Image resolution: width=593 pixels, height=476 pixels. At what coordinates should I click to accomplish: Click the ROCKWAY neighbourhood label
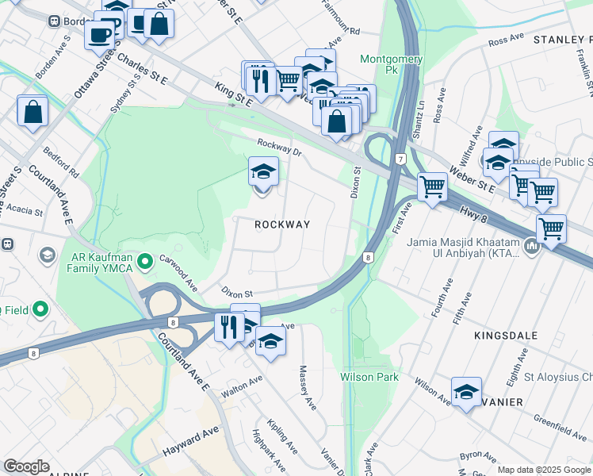point(282,225)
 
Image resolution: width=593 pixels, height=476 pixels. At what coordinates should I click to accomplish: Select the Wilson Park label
point(369,377)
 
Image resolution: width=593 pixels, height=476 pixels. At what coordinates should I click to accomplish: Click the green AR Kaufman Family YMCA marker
point(145,260)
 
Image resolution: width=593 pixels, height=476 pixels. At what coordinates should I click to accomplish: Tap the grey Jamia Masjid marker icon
point(530,248)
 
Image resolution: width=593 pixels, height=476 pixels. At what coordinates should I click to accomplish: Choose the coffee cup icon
point(99,34)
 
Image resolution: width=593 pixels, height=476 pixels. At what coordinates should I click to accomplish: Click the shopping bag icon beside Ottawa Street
point(33,112)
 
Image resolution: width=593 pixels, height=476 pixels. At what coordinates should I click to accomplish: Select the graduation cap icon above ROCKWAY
point(263,171)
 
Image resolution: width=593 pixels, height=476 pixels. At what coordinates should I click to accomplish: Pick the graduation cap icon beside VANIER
point(466,392)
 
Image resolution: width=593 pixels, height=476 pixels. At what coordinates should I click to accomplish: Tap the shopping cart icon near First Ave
point(432,187)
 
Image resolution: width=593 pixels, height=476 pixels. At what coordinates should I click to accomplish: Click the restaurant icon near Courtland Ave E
point(228,326)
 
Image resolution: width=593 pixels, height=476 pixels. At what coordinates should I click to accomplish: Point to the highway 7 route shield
point(402,160)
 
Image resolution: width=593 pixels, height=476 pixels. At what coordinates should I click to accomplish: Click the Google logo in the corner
point(27,466)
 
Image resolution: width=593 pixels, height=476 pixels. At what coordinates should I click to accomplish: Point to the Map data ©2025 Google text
point(543,470)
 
